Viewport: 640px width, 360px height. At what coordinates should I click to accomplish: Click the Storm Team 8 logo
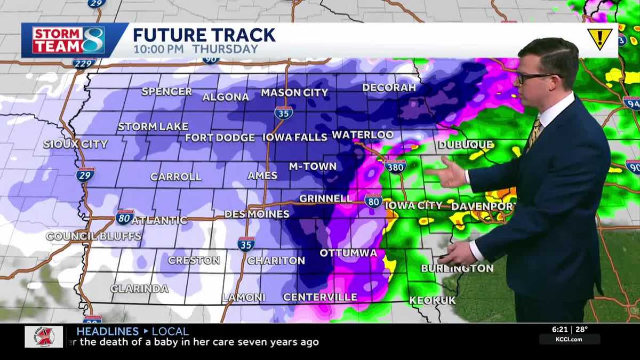pyautogui.click(x=69, y=40)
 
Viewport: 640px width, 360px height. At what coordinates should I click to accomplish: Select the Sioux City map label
pyautogui.click(x=76, y=144)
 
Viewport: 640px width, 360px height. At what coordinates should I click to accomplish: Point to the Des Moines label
pyautogui.click(x=257, y=214)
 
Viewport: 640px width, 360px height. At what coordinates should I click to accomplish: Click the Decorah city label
pyautogui.click(x=389, y=87)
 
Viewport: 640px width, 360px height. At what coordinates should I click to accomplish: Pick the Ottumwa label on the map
pyautogui.click(x=348, y=252)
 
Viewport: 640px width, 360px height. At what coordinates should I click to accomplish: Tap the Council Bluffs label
pyautogui.click(x=93, y=236)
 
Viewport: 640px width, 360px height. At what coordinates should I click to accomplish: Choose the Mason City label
pyautogui.click(x=294, y=93)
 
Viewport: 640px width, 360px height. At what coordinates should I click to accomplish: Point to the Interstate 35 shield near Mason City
pyautogui.click(x=283, y=113)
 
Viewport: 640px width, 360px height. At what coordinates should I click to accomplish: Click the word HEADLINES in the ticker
pyautogui.click(x=107, y=331)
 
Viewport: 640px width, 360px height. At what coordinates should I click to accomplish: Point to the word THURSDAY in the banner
pyautogui.click(x=225, y=49)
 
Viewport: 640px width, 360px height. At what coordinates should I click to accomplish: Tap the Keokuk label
pyautogui.click(x=433, y=300)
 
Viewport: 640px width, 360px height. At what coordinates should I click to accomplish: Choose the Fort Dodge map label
pyautogui.click(x=220, y=138)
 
